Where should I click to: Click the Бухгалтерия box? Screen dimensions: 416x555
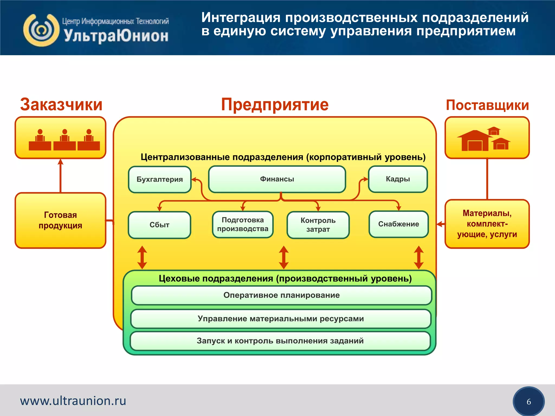[x=160, y=179]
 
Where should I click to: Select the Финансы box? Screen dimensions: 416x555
[x=277, y=179]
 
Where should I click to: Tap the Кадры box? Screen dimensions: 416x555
[x=398, y=179]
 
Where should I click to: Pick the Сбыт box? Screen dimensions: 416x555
[x=159, y=225]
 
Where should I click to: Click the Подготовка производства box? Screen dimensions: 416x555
[x=243, y=225]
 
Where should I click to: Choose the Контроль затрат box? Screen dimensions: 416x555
[x=318, y=225]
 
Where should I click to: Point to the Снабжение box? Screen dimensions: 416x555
[x=398, y=224]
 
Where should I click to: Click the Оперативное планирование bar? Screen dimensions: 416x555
[x=281, y=295]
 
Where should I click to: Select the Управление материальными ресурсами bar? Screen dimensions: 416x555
[x=280, y=319]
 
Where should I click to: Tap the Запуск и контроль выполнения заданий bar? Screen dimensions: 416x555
[x=280, y=341]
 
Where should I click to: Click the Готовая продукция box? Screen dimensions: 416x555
[x=60, y=220]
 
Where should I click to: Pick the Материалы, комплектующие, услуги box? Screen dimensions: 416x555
[x=487, y=224]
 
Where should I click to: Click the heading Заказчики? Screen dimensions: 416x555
[x=61, y=105]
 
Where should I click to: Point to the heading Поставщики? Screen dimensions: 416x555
[x=487, y=105]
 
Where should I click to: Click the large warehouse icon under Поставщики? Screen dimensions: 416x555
[x=475, y=141]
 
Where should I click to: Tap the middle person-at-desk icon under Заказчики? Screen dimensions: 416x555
[x=64, y=140]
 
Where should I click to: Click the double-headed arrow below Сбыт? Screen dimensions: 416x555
[x=142, y=257]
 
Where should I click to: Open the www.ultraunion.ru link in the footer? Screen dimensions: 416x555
[x=73, y=401]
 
